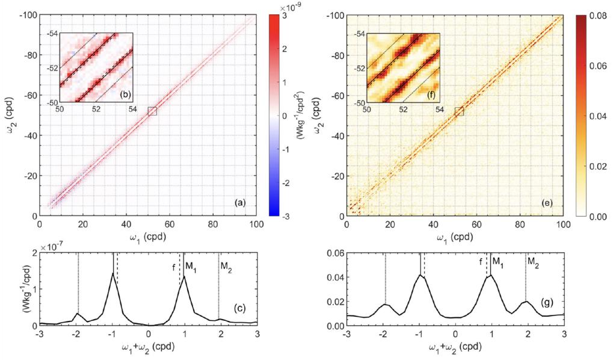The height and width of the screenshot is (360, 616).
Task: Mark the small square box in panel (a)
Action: point(152,111)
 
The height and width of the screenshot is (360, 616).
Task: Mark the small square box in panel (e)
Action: point(460,111)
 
